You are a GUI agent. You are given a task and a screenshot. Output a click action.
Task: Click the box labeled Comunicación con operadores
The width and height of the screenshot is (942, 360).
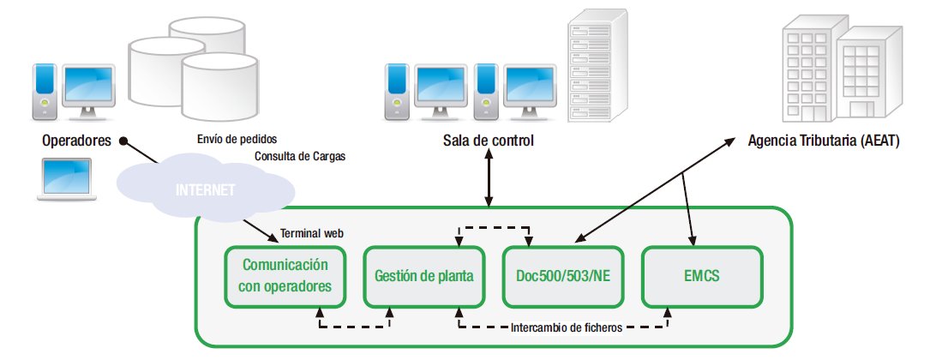tap(285, 277)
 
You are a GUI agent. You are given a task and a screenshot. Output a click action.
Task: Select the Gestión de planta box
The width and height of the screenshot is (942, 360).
tap(424, 277)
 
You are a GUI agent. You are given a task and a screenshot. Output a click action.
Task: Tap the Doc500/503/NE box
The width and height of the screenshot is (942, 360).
tap(561, 277)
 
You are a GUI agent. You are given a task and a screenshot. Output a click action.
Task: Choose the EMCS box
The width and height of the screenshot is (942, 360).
tap(701, 277)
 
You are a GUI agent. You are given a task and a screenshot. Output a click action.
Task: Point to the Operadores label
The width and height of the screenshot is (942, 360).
tap(75, 141)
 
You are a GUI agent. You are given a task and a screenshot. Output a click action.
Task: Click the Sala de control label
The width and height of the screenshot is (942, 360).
tap(488, 141)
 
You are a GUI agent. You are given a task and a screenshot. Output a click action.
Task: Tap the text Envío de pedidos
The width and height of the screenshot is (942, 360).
tap(237, 138)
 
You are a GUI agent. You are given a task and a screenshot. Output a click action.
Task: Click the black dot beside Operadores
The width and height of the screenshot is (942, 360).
tap(123, 141)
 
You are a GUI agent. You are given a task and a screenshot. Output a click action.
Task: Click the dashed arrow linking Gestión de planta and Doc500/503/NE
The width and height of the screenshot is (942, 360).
tap(493, 228)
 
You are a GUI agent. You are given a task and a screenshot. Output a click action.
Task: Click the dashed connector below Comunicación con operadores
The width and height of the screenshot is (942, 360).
tap(354, 327)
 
